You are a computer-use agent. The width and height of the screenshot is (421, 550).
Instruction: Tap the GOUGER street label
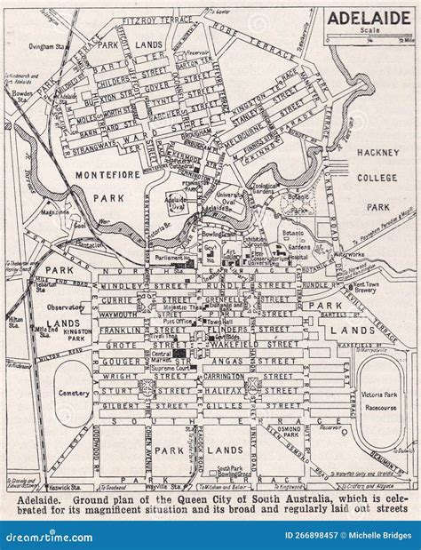(125, 363)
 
